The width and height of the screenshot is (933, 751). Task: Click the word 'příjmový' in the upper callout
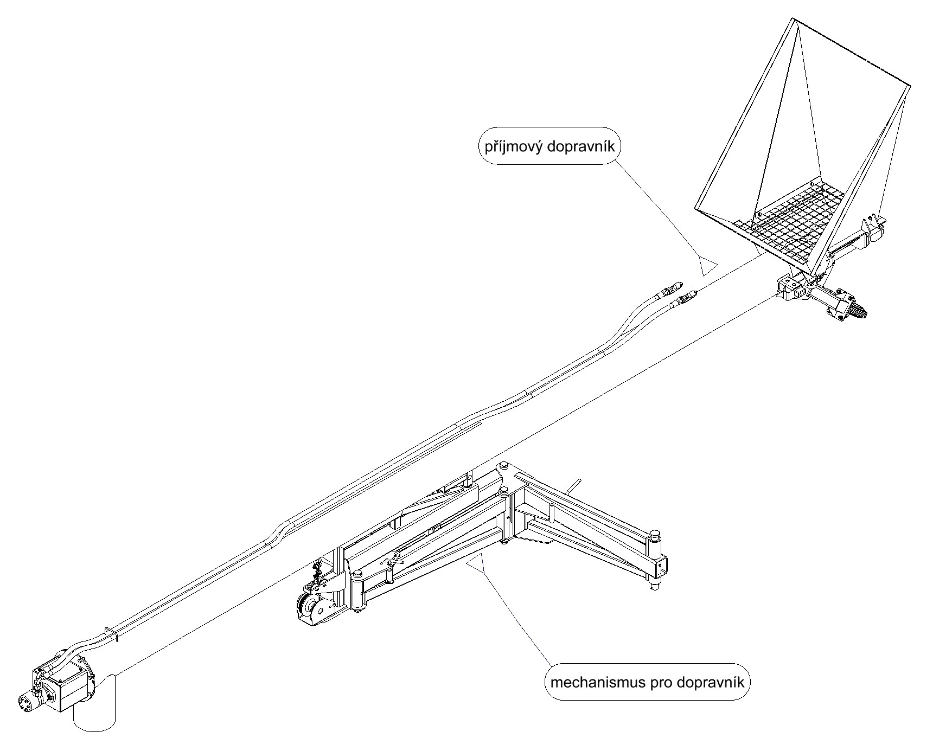tap(512, 147)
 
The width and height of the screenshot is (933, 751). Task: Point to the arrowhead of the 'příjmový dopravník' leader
tap(706, 266)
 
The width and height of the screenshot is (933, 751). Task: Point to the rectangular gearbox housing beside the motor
tap(68, 688)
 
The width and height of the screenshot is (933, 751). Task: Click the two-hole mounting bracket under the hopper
tap(792, 287)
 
